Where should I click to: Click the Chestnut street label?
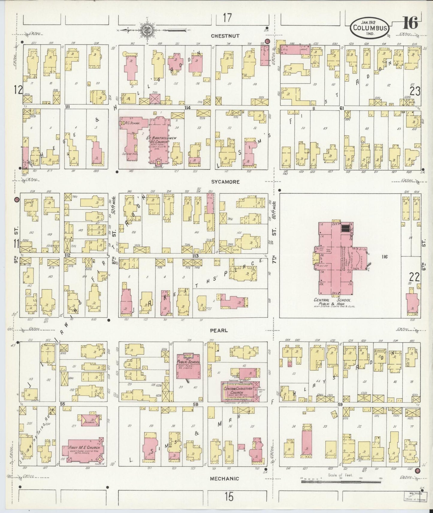225,36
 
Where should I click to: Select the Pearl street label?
219,330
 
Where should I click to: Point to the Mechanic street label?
224,479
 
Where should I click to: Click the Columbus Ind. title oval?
371,27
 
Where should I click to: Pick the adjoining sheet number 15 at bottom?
229,497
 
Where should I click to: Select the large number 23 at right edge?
415,91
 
